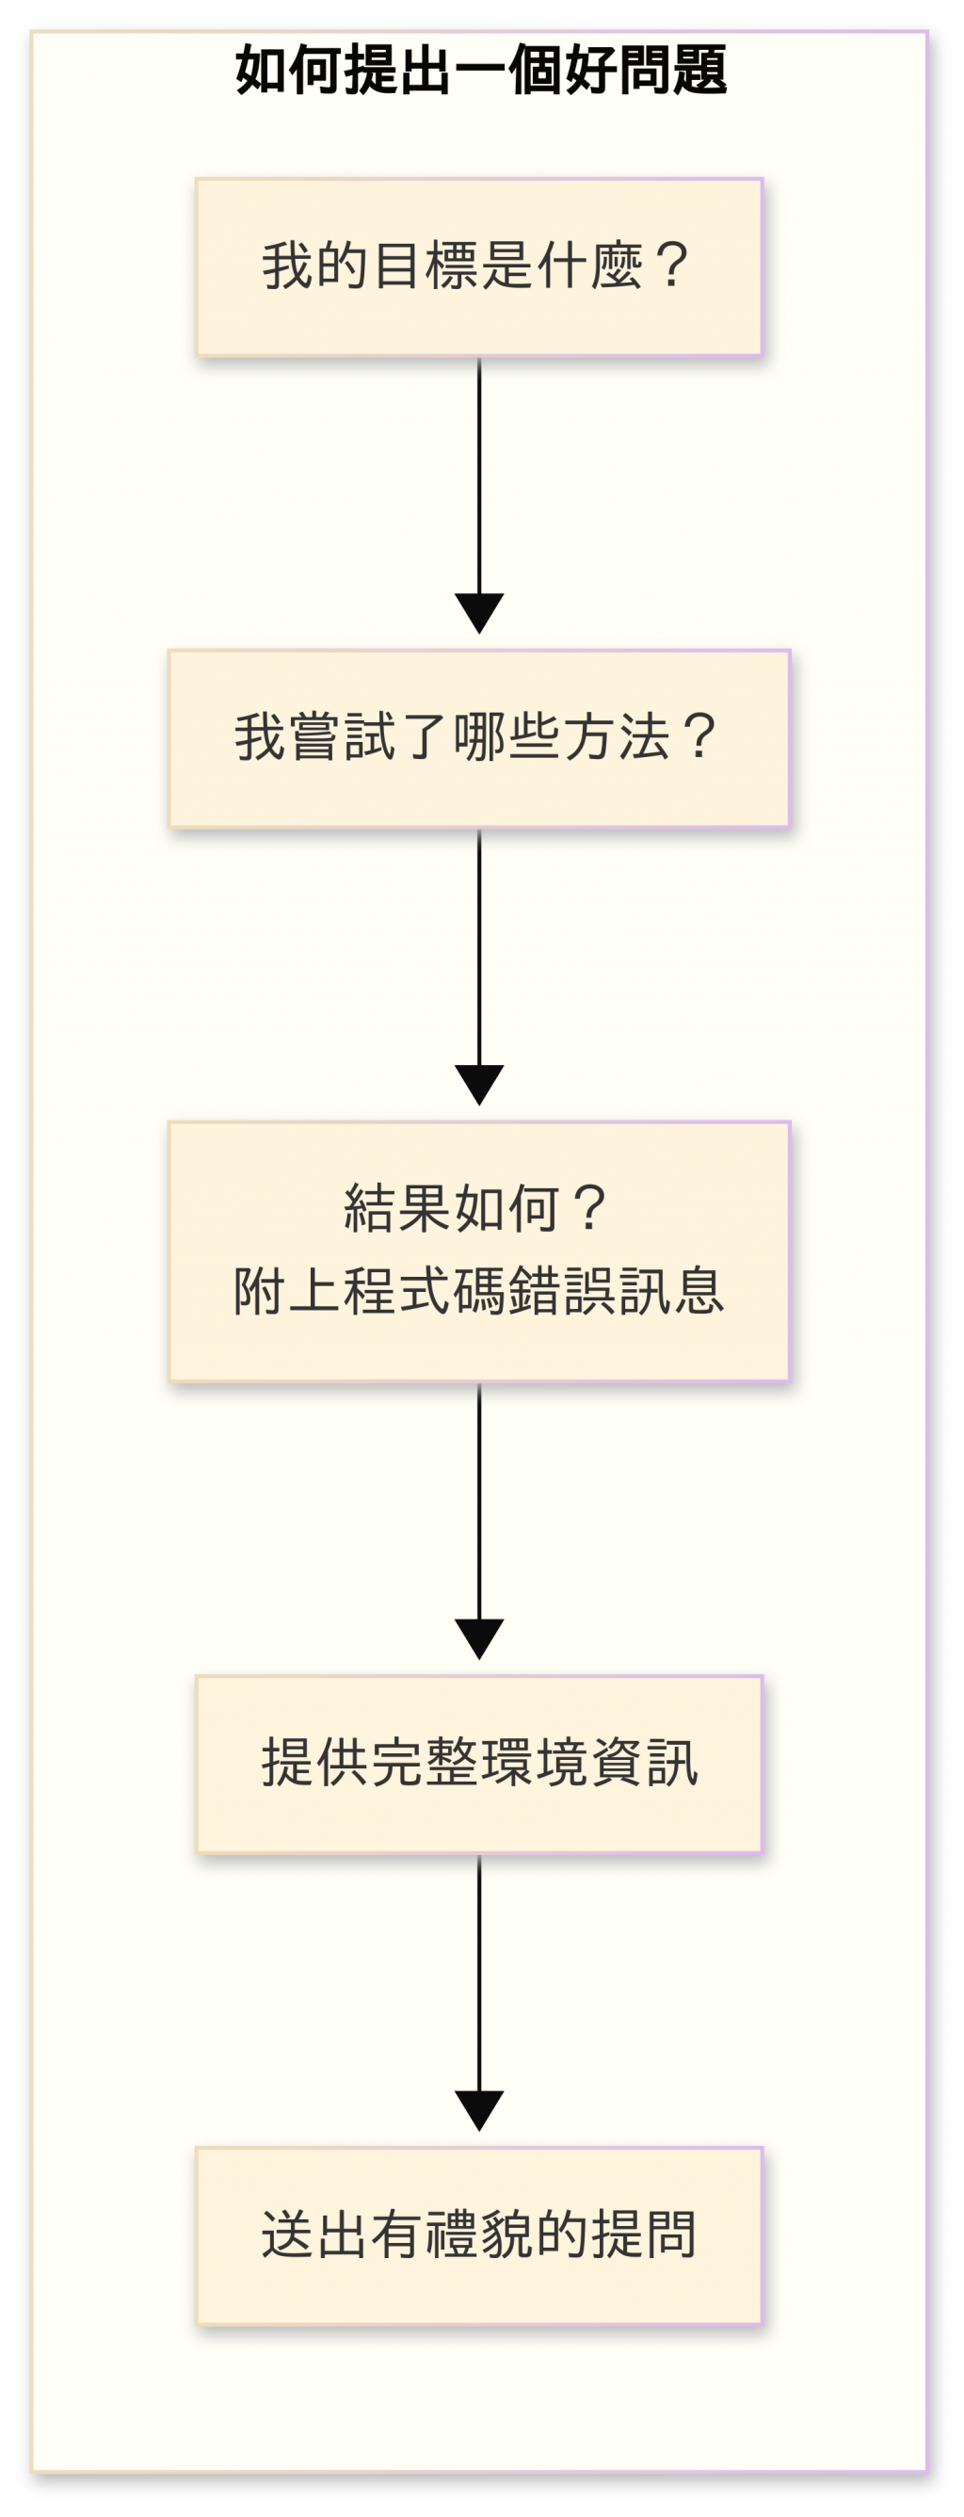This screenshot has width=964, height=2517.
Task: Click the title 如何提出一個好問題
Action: (480, 71)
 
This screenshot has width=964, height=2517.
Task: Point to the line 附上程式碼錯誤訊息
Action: (478, 1291)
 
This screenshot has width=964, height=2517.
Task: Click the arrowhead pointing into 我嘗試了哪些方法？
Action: (479, 613)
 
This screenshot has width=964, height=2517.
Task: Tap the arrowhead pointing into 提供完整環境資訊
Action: (479, 1638)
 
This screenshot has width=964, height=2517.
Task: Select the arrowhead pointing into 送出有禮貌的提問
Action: (479, 2110)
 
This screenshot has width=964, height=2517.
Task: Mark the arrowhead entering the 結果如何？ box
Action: (479, 1085)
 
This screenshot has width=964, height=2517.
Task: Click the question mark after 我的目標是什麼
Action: (672, 266)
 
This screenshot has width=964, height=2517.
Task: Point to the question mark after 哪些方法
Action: (700, 737)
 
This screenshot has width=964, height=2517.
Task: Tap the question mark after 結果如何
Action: (590, 1209)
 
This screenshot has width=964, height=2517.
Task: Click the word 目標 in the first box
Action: (424, 266)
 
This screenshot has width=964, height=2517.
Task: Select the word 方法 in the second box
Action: (617, 737)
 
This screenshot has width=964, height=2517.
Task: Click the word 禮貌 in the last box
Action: (478, 2235)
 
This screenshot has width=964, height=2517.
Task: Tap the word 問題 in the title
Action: (673, 71)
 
